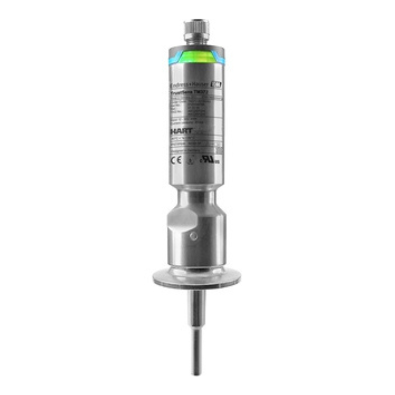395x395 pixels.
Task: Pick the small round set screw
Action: pyautogui.click(x=194, y=236)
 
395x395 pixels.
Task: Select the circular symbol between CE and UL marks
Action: pyautogui.click(x=189, y=160)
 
